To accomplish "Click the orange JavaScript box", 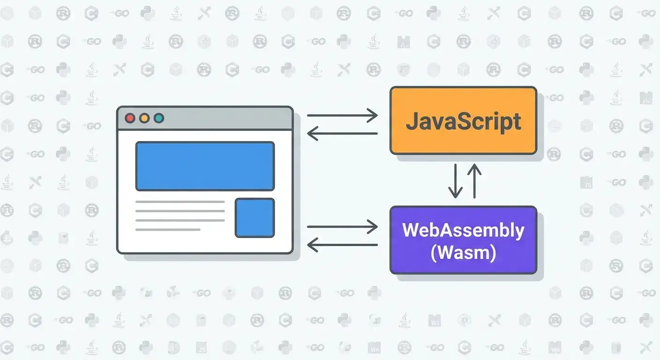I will pos(463,141).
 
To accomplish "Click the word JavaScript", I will pos(463,121).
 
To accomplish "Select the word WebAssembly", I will pos(463,231).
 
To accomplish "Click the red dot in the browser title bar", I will pos(130,118).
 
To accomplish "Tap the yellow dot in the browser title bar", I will pos(144,118).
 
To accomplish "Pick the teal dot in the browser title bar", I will pos(159,118).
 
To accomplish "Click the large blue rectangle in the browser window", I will pos(205,166).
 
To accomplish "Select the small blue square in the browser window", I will pos(255,217).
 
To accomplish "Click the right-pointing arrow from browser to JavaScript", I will pos(342,115).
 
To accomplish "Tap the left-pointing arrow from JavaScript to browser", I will pos(342,134).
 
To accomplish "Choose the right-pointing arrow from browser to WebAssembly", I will pos(342,227).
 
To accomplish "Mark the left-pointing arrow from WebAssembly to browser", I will pos(342,244).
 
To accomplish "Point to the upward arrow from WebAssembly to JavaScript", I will pos(474,180).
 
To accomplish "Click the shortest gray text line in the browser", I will pos(168,230).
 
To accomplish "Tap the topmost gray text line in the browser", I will pos(180,202).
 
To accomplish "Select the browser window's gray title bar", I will pos(225,118).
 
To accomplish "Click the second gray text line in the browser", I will pos(180,211).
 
